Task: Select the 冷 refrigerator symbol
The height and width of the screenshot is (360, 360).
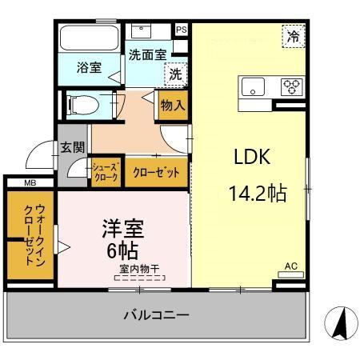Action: coord(294,36)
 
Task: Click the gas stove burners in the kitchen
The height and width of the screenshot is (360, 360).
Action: coord(290,85)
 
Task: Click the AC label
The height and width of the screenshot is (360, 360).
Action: coord(290,266)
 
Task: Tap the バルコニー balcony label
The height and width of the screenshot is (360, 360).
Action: coord(156,315)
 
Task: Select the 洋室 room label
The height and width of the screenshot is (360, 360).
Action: coord(122,230)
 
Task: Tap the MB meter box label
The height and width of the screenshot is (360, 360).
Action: coord(29,183)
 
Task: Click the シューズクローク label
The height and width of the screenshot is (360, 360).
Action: coord(106,172)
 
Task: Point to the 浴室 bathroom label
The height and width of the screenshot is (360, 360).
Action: coord(89,67)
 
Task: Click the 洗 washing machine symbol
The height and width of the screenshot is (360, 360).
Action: coord(175,74)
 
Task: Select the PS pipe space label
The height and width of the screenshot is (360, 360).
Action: coord(182,30)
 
